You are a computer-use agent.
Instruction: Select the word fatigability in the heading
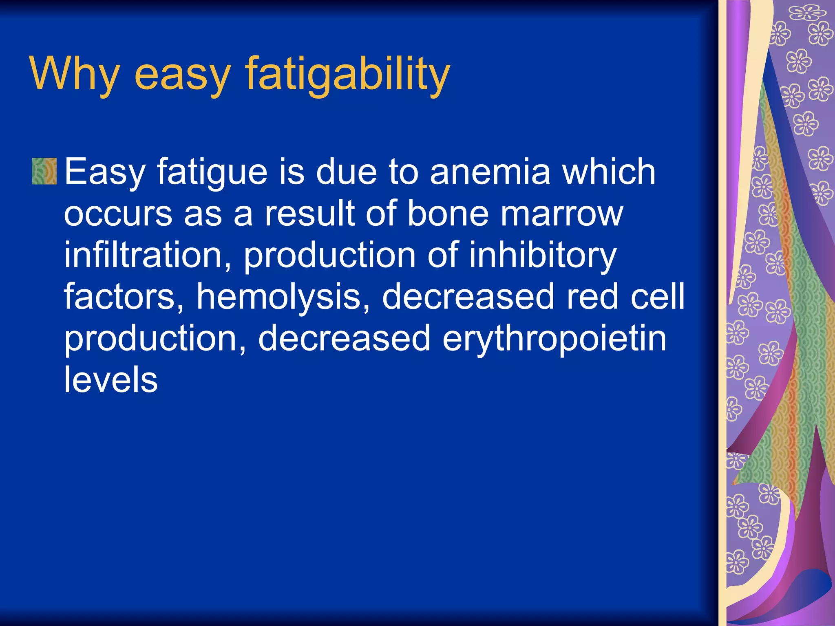[x=347, y=73]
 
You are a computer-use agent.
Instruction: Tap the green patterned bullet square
[x=44, y=171]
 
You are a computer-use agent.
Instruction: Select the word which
[x=609, y=171]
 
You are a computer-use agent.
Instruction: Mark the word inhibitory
[x=542, y=256]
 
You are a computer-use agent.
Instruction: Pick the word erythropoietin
[x=554, y=339]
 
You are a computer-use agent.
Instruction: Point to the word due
[x=347, y=171]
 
